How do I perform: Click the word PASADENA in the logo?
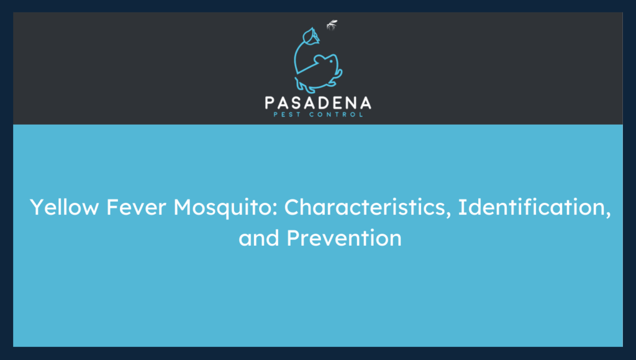click(x=317, y=102)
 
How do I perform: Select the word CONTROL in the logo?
click(x=336, y=114)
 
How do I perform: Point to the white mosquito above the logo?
click(x=332, y=25)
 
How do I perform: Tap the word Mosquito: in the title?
click(x=226, y=208)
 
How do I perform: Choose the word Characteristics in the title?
click(x=368, y=208)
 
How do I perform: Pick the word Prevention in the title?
click(x=344, y=238)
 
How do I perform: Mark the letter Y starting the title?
click(x=37, y=208)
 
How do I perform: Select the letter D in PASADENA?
click(x=325, y=102)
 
